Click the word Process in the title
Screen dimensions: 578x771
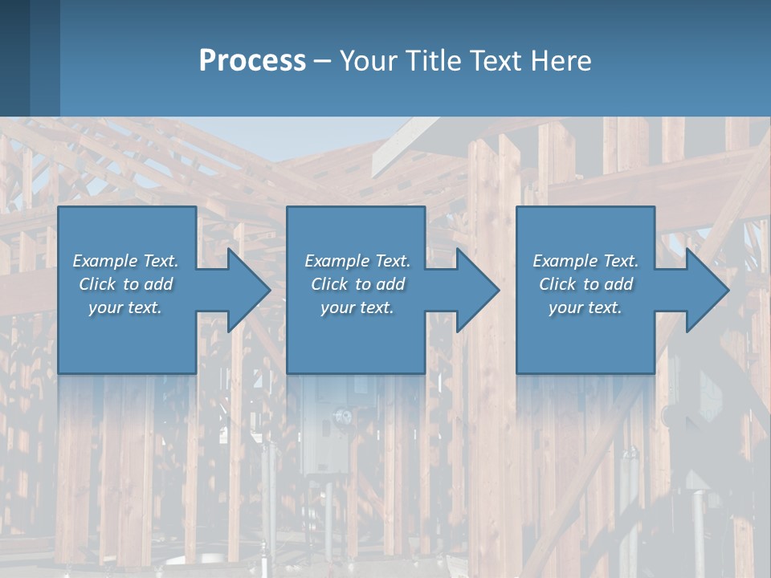tap(252, 61)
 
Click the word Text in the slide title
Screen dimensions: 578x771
tap(495, 61)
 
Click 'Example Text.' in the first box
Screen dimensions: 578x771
tap(125, 261)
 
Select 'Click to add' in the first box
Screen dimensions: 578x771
tap(125, 284)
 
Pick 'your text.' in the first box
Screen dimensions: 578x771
tap(125, 307)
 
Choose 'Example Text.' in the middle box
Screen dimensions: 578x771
tap(357, 261)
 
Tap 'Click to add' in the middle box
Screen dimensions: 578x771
tap(357, 284)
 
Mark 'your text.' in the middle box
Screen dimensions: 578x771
tap(357, 307)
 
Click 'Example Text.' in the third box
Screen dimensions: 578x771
tap(585, 261)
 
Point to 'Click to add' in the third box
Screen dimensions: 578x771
tap(585, 284)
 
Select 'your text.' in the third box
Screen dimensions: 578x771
tap(585, 307)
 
